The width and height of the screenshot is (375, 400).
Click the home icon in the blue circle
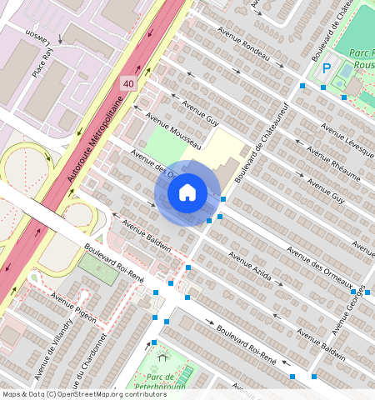pyautogui.click(x=187, y=192)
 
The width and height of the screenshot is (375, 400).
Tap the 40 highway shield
pyautogui.click(x=128, y=84)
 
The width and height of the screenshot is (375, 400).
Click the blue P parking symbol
pyautogui.click(x=327, y=69)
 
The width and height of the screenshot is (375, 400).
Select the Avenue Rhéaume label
pyautogui.click(x=333, y=163)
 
